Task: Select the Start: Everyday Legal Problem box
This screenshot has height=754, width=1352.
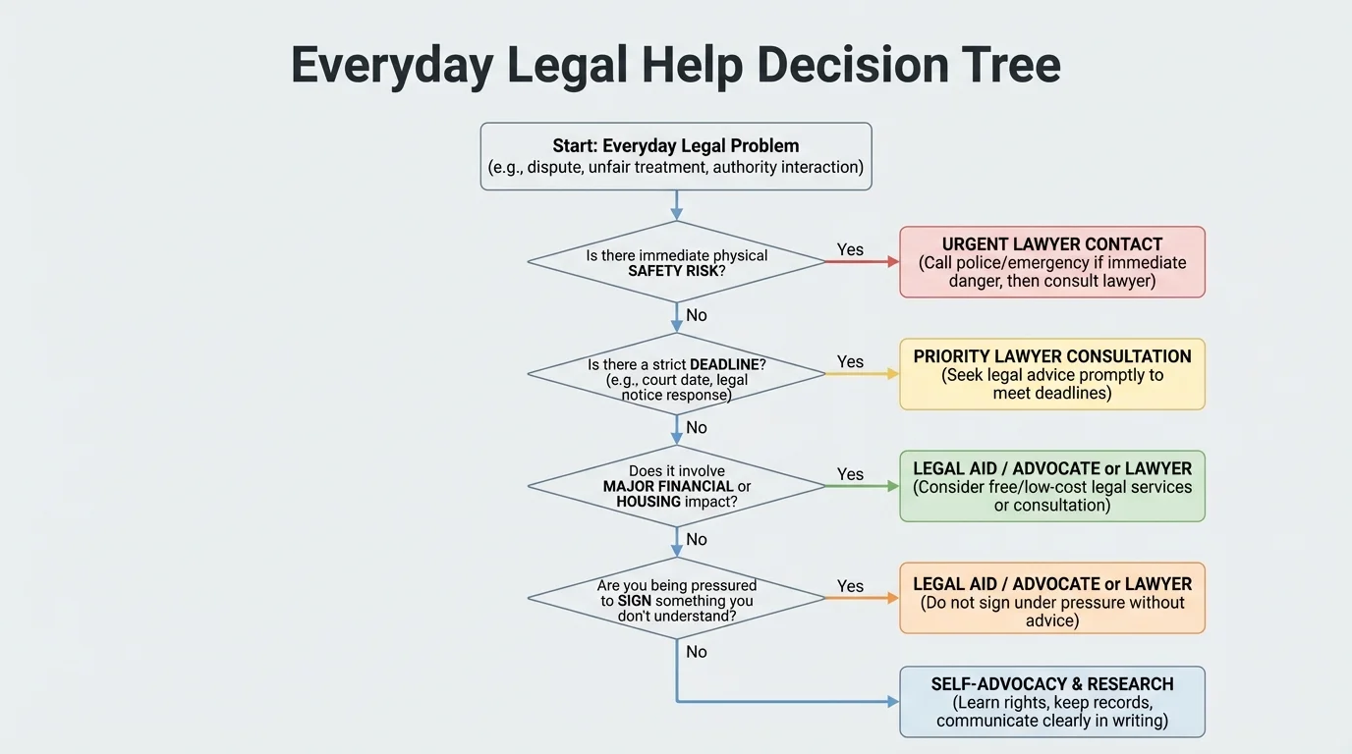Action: tap(676, 156)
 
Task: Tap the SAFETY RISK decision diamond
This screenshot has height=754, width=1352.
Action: tap(676, 262)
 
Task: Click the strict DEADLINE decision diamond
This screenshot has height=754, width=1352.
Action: tap(676, 374)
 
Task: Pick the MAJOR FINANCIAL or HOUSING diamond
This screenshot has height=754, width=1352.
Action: tap(676, 486)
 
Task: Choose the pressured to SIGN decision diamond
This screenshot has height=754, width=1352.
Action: tap(676, 598)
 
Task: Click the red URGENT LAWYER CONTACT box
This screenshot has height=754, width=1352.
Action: tap(1051, 262)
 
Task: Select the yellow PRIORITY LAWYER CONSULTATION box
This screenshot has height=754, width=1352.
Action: tap(1051, 374)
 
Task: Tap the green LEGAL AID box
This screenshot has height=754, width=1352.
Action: tap(1051, 486)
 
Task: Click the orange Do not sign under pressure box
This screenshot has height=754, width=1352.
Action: tap(1051, 598)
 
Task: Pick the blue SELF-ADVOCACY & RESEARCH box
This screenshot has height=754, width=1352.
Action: tap(1051, 702)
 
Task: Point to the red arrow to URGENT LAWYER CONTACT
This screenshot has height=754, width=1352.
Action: tap(862, 262)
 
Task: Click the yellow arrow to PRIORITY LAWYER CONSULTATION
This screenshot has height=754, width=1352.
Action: tap(862, 374)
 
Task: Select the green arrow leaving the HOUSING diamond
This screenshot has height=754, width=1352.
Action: tap(862, 486)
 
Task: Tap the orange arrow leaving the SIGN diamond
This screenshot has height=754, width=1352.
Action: tap(862, 598)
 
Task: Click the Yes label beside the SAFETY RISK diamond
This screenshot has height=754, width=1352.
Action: tap(850, 249)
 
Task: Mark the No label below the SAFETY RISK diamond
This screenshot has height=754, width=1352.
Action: tap(697, 315)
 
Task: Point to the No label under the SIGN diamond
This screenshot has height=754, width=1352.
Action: tap(697, 652)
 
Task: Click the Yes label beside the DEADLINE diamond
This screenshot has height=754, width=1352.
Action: tap(850, 361)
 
